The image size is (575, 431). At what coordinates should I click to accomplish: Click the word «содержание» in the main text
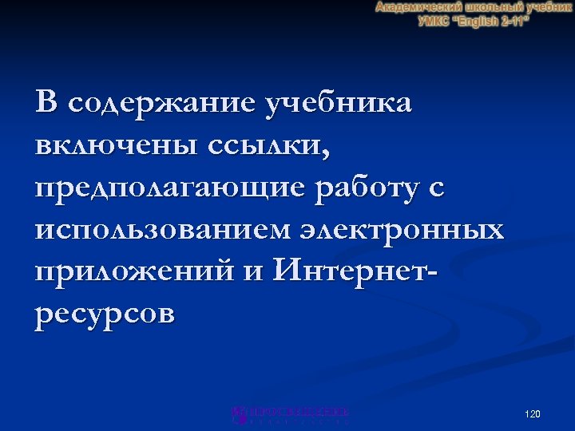pyautogui.click(x=166, y=103)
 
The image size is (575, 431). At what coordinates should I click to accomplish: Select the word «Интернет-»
pyautogui.click(x=356, y=272)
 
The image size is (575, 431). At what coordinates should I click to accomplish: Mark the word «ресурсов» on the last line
pyautogui.click(x=104, y=314)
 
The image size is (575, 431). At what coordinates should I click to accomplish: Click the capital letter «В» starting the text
pyautogui.click(x=47, y=103)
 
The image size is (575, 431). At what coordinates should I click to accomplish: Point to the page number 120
pyautogui.click(x=533, y=414)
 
